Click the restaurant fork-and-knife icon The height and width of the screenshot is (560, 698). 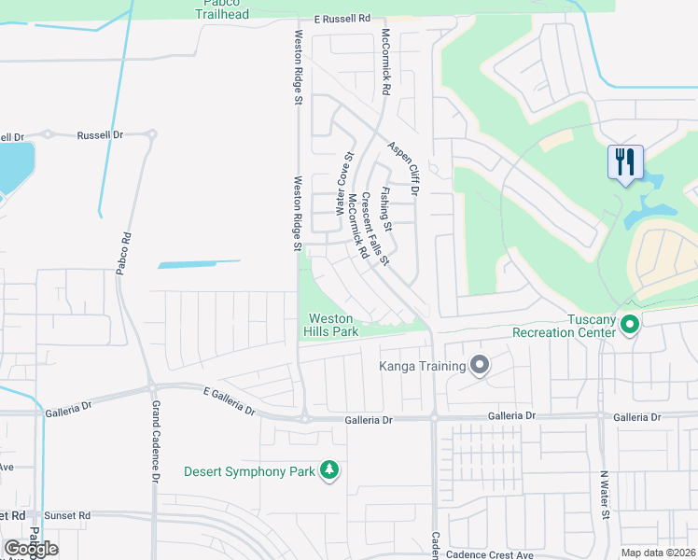pos(622,161)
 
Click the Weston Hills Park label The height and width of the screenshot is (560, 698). pos(330,325)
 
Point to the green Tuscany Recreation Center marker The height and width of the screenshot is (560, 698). pos(630,325)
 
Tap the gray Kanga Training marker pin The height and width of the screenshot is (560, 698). pos(480,365)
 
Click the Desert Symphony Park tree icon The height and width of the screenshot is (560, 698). pos(328,470)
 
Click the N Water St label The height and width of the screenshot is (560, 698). pos(605,495)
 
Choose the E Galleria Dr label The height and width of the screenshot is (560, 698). pos(229,395)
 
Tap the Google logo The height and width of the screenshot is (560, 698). pos(31,548)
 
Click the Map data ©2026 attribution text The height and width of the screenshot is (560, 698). pos(658,553)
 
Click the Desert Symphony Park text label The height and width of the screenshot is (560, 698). pos(249,471)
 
